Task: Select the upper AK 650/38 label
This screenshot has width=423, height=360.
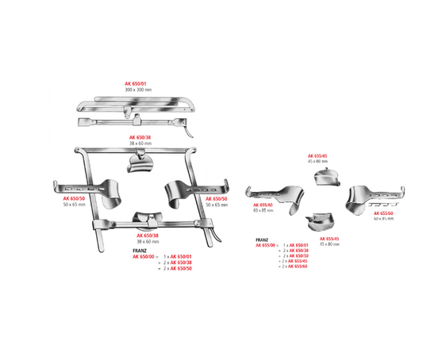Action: click(x=140, y=136)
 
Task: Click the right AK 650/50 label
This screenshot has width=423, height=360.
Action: click(x=217, y=199)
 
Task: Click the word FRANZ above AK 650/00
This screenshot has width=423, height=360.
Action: click(x=140, y=251)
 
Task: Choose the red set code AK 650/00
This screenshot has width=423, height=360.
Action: click(x=146, y=257)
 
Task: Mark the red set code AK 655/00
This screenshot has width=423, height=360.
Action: click(x=267, y=245)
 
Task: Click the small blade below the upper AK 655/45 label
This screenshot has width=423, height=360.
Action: click(x=326, y=176)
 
